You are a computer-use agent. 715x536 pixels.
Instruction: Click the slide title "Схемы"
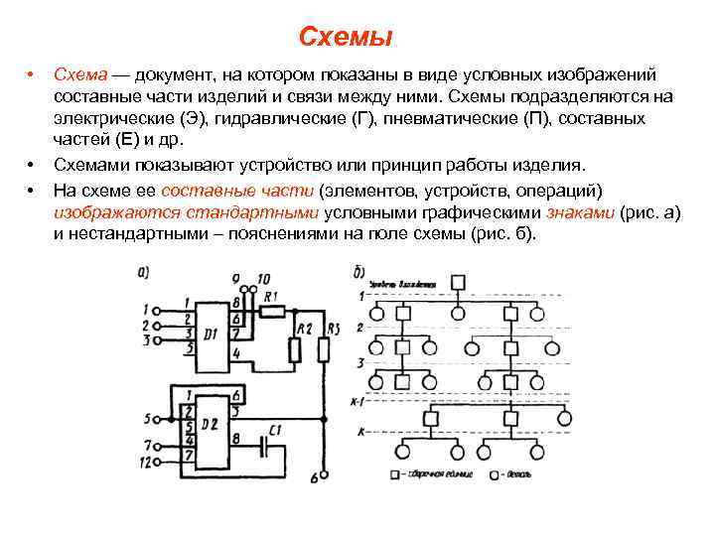pyautogui.click(x=346, y=38)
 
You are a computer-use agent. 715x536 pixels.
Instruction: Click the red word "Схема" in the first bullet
pyautogui.click(x=77, y=75)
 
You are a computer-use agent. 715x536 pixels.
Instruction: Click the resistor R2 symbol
pyautogui.click(x=294, y=349)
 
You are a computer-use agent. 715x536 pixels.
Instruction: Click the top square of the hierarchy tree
pyautogui.click(x=458, y=282)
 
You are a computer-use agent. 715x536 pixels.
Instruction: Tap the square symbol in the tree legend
pyautogui.click(x=396, y=474)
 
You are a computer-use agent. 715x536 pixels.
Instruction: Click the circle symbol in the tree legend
pyautogui.click(x=496, y=474)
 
